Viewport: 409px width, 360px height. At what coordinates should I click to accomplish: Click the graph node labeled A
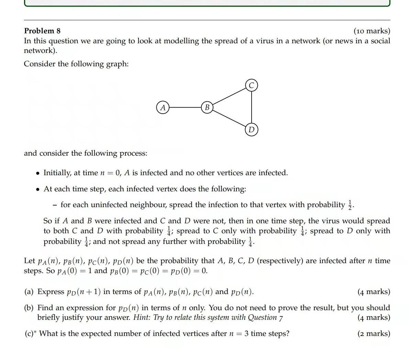point(163,108)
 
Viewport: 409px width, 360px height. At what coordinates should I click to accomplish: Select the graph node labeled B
point(207,108)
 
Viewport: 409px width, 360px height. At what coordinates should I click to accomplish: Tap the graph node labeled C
point(251,85)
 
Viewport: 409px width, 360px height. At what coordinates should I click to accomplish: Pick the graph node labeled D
point(251,130)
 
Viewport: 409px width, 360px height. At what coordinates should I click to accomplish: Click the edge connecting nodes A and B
point(185,108)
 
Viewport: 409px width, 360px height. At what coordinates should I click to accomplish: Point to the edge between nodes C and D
point(252,107)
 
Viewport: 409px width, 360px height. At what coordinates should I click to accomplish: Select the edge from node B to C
point(229,97)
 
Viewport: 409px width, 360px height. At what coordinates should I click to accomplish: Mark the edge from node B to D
point(229,119)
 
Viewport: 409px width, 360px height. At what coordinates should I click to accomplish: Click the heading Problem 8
point(42,31)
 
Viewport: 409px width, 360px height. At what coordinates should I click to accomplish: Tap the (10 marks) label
point(372,31)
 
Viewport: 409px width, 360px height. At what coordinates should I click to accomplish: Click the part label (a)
point(29,292)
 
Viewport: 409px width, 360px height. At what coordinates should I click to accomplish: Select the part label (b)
point(29,308)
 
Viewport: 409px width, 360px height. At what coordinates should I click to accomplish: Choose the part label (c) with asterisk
point(30,334)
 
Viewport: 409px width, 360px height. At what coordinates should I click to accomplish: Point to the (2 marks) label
point(374,334)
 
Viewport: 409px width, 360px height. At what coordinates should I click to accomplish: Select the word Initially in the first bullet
point(57,173)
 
